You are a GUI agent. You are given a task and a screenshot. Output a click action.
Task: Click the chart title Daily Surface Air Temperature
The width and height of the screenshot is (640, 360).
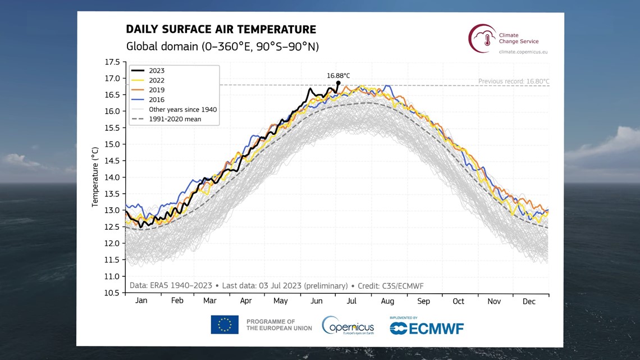[221, 30]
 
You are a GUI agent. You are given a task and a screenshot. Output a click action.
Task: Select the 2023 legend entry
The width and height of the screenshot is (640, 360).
[157, 71]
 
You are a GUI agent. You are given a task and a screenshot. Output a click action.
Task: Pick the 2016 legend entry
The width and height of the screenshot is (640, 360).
[157, 100]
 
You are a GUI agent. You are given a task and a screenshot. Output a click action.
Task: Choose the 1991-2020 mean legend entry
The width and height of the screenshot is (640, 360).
[175, 119]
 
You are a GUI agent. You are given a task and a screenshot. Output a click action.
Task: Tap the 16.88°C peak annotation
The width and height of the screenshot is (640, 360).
[339, 75]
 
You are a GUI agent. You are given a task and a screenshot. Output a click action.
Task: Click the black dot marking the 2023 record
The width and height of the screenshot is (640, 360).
[338, 83]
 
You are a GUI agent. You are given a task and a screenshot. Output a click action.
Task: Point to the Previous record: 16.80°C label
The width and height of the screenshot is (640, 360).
[513, 81]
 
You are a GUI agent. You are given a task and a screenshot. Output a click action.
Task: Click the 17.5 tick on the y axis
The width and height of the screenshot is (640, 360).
[112, 62]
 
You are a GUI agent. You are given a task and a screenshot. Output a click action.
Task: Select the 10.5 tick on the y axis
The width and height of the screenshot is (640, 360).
[112, 293]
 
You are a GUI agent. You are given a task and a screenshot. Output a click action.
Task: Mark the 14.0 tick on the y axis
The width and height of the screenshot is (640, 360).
[112, 177]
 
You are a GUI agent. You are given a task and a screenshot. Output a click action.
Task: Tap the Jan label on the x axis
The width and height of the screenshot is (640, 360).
[141, 301]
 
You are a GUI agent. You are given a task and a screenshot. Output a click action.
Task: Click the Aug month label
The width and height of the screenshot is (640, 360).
[387, 301]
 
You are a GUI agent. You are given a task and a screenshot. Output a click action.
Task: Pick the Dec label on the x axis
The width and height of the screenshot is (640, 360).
[529, 301]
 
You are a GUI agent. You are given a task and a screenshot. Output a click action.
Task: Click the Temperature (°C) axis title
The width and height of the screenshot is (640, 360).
[95, 177]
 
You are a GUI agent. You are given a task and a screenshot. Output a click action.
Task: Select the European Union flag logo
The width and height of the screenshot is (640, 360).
[225, 325]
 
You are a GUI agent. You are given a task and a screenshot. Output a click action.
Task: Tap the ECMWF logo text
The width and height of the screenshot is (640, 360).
[427, 328]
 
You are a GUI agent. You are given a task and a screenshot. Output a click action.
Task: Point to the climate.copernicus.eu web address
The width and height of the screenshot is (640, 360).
[523, 52]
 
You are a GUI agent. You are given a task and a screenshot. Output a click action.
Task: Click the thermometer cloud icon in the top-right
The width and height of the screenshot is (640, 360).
[482, 38]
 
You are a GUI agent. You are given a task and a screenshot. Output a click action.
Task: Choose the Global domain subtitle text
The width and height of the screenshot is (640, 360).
[222, 47]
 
